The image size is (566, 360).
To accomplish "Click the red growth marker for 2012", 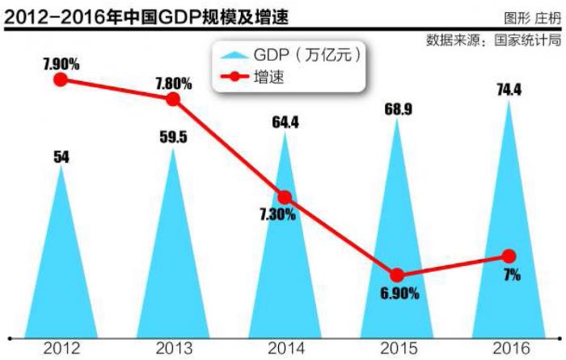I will tap(61, 79).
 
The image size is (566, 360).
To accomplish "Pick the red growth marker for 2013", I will tap(173, 99).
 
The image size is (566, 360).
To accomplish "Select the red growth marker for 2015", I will tap(396, 275).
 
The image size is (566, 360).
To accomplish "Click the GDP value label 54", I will tap(61, 157).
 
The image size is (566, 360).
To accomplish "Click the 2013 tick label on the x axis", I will tap(173, 349).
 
